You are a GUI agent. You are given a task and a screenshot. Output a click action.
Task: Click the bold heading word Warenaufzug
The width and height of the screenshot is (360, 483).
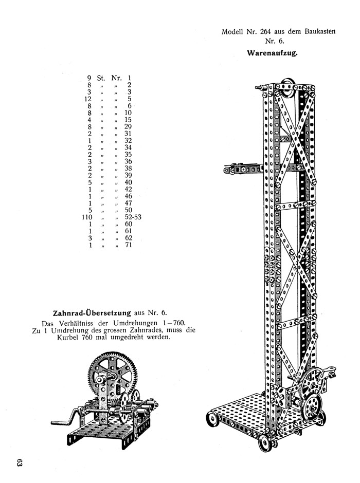point(273,52)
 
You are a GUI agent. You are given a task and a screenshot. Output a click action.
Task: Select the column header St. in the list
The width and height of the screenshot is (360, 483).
point(101,78)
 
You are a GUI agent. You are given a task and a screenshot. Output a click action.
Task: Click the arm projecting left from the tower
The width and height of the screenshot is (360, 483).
point(242,168)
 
